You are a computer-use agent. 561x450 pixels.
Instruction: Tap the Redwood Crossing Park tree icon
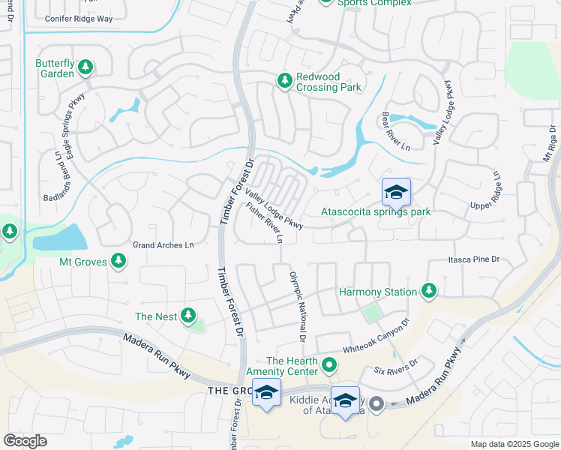tap(284, 80)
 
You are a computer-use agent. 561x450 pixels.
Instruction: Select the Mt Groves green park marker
tap(118, 261)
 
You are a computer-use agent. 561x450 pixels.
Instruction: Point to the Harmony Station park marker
tap(428, 290)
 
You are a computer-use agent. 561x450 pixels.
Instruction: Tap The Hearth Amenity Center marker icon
tap(328, 365)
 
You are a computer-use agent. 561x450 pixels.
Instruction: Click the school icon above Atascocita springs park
tap(396, 193)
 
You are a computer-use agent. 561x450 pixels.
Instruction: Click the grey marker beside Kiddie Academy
tap(376, 404)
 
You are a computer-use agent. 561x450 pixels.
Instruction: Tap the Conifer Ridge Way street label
tap(79, 19)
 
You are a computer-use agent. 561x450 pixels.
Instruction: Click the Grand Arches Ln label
tap(163, 245)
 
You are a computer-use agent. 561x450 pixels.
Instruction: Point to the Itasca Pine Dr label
tap(473, 259)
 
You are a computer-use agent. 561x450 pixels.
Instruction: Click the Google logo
tap(25, 441)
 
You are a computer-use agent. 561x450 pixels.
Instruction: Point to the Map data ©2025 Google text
tap(514, 444)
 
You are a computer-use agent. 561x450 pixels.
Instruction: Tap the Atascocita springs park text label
tap(376, 212)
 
